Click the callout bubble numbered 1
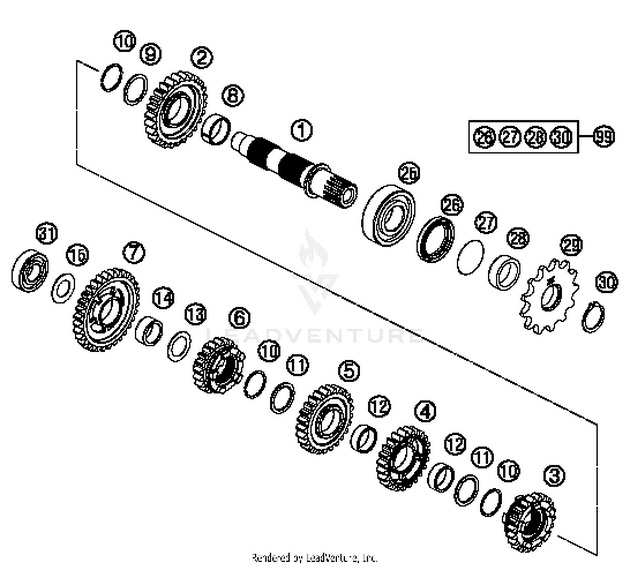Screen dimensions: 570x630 tap(302, 130)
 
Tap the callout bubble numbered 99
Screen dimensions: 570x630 tap(604, 137)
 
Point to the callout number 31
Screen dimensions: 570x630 tap(47, 233)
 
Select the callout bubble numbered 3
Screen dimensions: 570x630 tap(554, 475)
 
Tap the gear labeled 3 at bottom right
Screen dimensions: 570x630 tap(530, 521)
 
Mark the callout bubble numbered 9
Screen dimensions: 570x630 tap(150, 54)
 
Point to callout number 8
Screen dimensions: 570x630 tap(233, 95)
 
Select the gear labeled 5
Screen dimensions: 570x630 tap(325, 419)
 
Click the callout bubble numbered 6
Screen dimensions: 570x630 tap(239, 318)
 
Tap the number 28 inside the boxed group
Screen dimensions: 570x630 tap(535, 137)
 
